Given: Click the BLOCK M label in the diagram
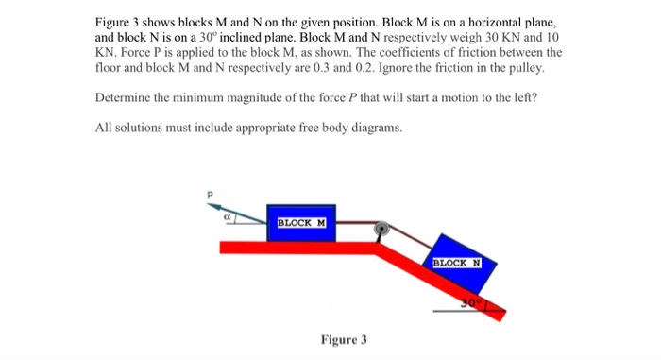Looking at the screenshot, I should click(x=301, y=223).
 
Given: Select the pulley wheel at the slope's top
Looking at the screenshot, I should click(x=380, y=229).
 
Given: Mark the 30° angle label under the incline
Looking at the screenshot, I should click(x=471, y=302).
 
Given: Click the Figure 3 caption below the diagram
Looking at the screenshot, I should click(x=344, y=339).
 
